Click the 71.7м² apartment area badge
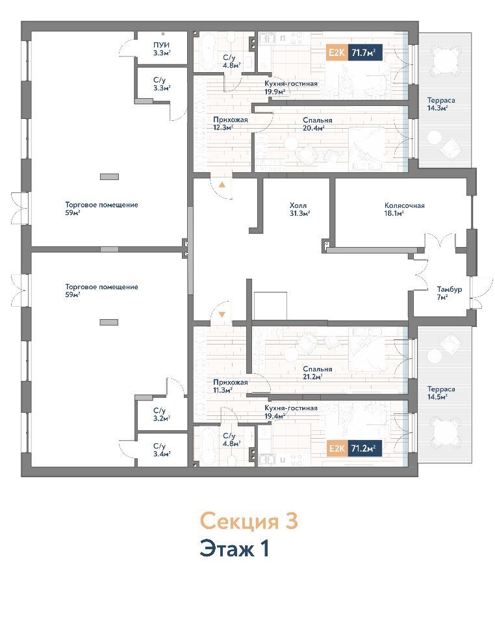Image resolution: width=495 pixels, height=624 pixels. point(354,52)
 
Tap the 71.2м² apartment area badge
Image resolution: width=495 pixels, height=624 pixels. point(354,448)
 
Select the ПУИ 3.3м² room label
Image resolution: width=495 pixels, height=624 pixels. point(162,49)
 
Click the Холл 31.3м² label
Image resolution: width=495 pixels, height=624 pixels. point(299,209)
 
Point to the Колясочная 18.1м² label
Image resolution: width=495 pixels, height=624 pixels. point(404,209)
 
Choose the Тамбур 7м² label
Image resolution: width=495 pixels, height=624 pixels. point(450,293)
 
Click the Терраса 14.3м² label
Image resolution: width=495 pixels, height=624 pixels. point(441,104)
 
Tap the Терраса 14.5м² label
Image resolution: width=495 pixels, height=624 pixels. point(441,393)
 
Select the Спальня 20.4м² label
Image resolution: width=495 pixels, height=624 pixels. point(317,123)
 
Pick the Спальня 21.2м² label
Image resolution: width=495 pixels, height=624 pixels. point(317,373)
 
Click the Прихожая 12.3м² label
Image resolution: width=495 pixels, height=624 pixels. point(230,123)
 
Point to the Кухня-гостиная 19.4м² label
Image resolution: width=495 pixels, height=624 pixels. point(290,412)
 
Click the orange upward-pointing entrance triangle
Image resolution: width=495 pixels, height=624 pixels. point(222,185)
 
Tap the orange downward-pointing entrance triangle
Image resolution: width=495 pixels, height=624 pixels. point(222,315)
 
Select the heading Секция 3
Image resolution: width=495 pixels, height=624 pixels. point(249,521)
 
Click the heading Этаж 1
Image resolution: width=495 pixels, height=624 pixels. point(235,549)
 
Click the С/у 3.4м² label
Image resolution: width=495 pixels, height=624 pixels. point(162,450)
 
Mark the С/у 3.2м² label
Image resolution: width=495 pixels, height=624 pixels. point(162,414)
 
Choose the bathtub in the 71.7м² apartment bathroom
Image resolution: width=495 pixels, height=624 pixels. point(207,51)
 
